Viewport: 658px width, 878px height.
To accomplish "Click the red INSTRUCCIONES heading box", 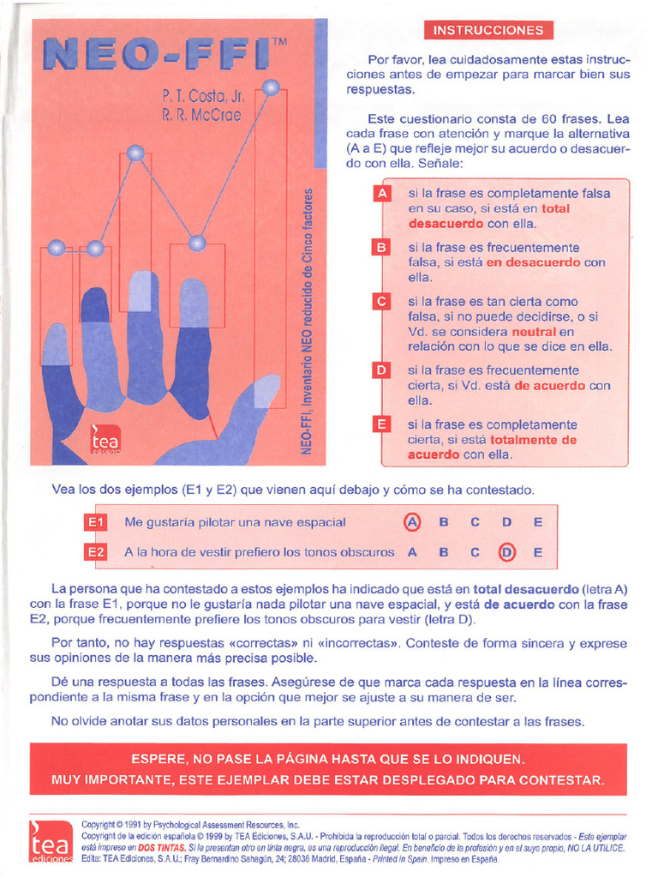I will pyautogui.click(x=488, y=30).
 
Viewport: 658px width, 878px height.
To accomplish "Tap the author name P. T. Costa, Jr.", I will pyautogui.click(x=203, y=96).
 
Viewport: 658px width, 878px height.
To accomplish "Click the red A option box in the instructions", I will pyautogui.click(x=381, y=193).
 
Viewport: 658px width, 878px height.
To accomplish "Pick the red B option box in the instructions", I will pyautogui.click(x=381, y=248).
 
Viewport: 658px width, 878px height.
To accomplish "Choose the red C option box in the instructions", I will pyautogui.click(x=381, y=302).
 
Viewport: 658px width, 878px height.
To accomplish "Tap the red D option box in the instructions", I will pyautogui.click(x=381, y=370).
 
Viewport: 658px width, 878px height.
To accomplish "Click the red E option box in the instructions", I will pyautogui.click(x=381, y=424).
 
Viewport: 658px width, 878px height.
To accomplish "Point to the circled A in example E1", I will pyautogui.click(x=412, y=521).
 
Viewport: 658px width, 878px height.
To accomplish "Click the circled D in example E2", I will pyautogui.click(x=506, y=552).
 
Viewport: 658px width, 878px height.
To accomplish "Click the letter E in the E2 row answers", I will pyautogui.click(x=537, y=552).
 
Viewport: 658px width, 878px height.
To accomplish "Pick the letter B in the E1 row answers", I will pyautogui.click(x=444, y=521).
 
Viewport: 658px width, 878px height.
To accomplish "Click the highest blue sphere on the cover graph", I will pyautogui.click(x=272, y=87).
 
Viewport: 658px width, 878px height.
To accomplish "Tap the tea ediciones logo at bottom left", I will pyautogui.click(x=49, y=842).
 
